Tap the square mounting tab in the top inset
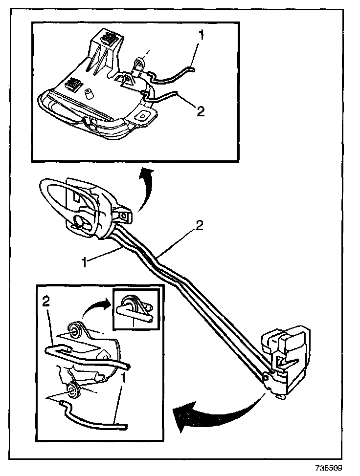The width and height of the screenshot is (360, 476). click(x=145, y=115)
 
